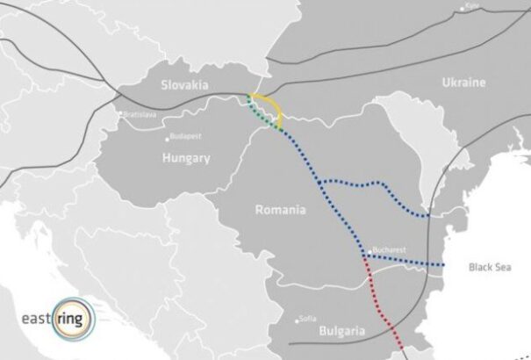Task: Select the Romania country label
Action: point(280,211)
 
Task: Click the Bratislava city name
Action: point(139,115)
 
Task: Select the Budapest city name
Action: point(186,137)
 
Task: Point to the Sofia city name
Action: point(307,318)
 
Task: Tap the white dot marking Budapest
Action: point(168,137)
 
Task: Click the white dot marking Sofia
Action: point(296,318)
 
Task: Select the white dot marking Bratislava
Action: point(120,113)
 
